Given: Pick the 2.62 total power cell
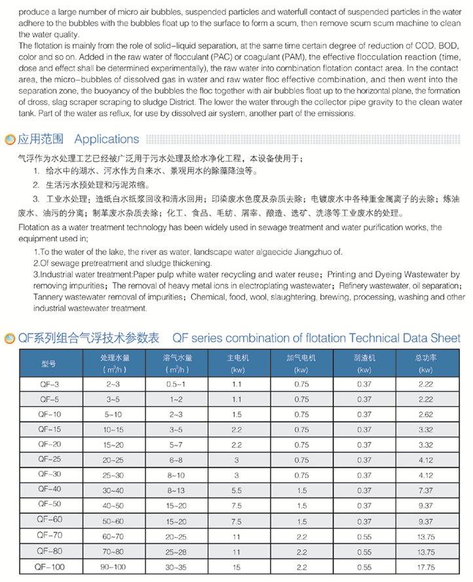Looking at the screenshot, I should point(425,414).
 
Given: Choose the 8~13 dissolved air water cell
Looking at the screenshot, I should point(176,490).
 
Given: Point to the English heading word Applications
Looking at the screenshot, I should point(107,139).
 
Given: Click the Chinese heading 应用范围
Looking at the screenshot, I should point(41,139).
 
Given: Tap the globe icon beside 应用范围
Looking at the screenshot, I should point(10,140).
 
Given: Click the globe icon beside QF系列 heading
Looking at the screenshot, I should point(10,339).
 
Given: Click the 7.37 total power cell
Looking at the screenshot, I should point(425,490).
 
